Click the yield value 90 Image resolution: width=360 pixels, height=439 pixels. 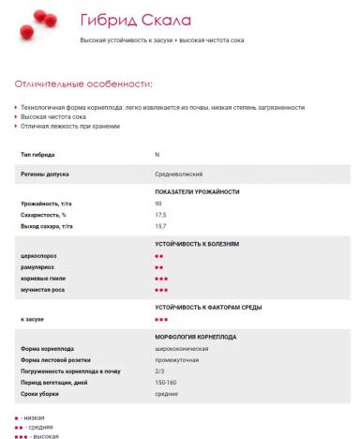pyautogui.click(x=159, y=204)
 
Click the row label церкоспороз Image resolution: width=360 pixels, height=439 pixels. pyautogui.click(x=39, y=255)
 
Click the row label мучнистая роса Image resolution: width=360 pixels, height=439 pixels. pyautogui.click(x=42, y=290)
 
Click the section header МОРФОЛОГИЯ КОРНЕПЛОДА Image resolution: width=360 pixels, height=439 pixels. pyautogui.click(x=197, y=335)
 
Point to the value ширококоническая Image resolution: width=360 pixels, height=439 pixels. pyautogui.click(x=181, y=348)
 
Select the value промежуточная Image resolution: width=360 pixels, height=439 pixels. pyautogui.click(x=179, y=359)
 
